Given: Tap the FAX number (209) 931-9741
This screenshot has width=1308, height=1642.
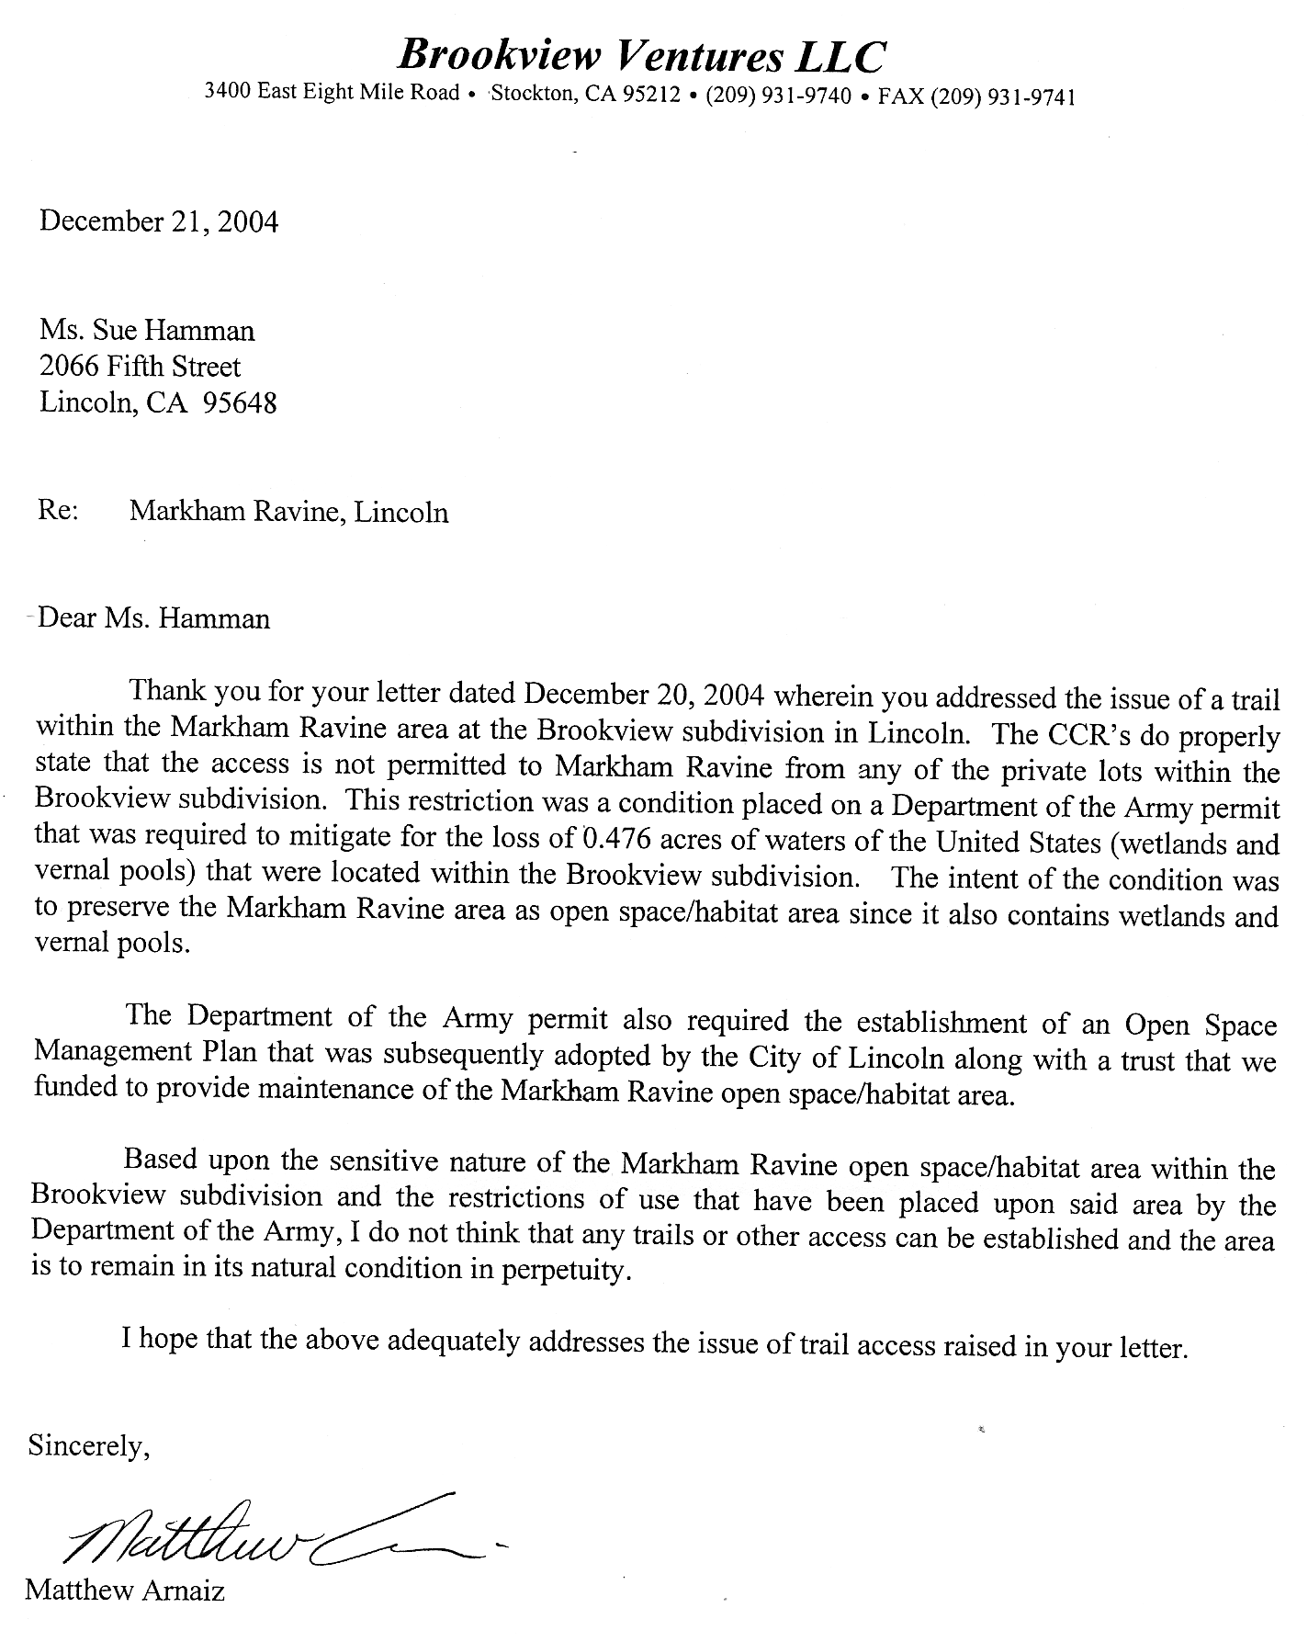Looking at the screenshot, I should point(1003,97).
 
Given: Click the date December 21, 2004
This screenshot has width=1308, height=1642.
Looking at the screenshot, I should point(158,222).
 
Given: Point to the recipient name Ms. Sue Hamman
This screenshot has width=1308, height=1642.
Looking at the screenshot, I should point(147,330).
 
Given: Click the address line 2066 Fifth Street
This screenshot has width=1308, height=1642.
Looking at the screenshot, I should point(140,367).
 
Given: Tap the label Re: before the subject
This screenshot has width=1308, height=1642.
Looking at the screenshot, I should point(58,510).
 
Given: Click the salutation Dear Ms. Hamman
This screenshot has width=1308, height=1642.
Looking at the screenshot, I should point(154,617).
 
